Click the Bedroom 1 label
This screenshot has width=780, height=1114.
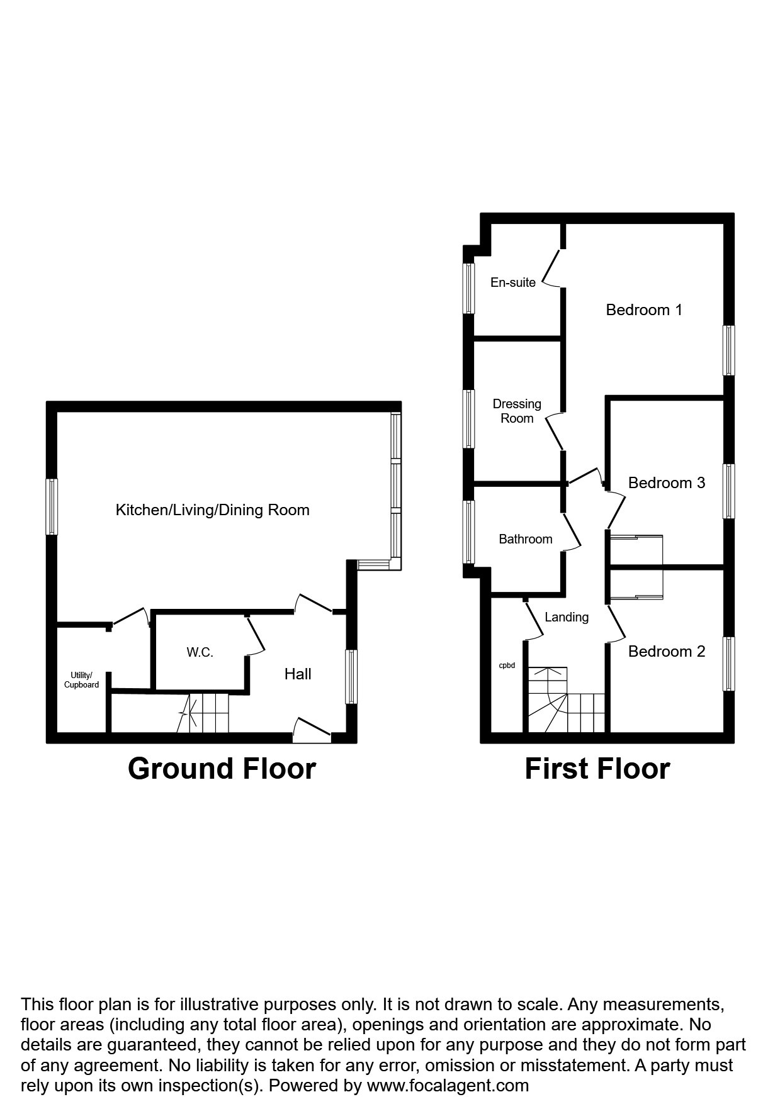tap(643, 309)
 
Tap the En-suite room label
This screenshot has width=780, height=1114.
tap(512, 282)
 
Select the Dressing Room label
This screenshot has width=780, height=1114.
tap(517, 411)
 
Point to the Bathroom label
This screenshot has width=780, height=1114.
tap(525, 539)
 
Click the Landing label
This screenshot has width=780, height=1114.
tap(567, 617)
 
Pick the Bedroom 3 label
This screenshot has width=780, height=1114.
tap(666, 482)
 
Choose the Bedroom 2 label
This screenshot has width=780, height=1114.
tap(666, 651)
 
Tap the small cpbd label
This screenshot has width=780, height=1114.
tap(507, 665)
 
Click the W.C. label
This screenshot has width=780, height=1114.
tap(200, 652)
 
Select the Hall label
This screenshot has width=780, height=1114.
tap(298, 674)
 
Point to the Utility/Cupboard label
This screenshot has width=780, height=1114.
tap(81, 680)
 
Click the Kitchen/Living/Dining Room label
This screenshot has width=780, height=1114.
tap(212, 510)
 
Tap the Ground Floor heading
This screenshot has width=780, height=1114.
tap(222, 769)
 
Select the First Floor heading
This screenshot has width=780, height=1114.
tap(597, 769)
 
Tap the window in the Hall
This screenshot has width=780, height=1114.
tap(351, 676)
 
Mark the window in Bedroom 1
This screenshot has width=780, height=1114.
tap(728, 350)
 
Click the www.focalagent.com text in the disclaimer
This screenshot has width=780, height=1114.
tap(448, 1085)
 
